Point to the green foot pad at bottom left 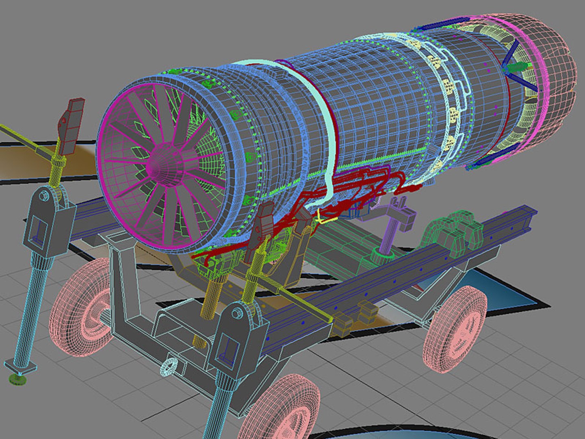coord(17,379)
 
